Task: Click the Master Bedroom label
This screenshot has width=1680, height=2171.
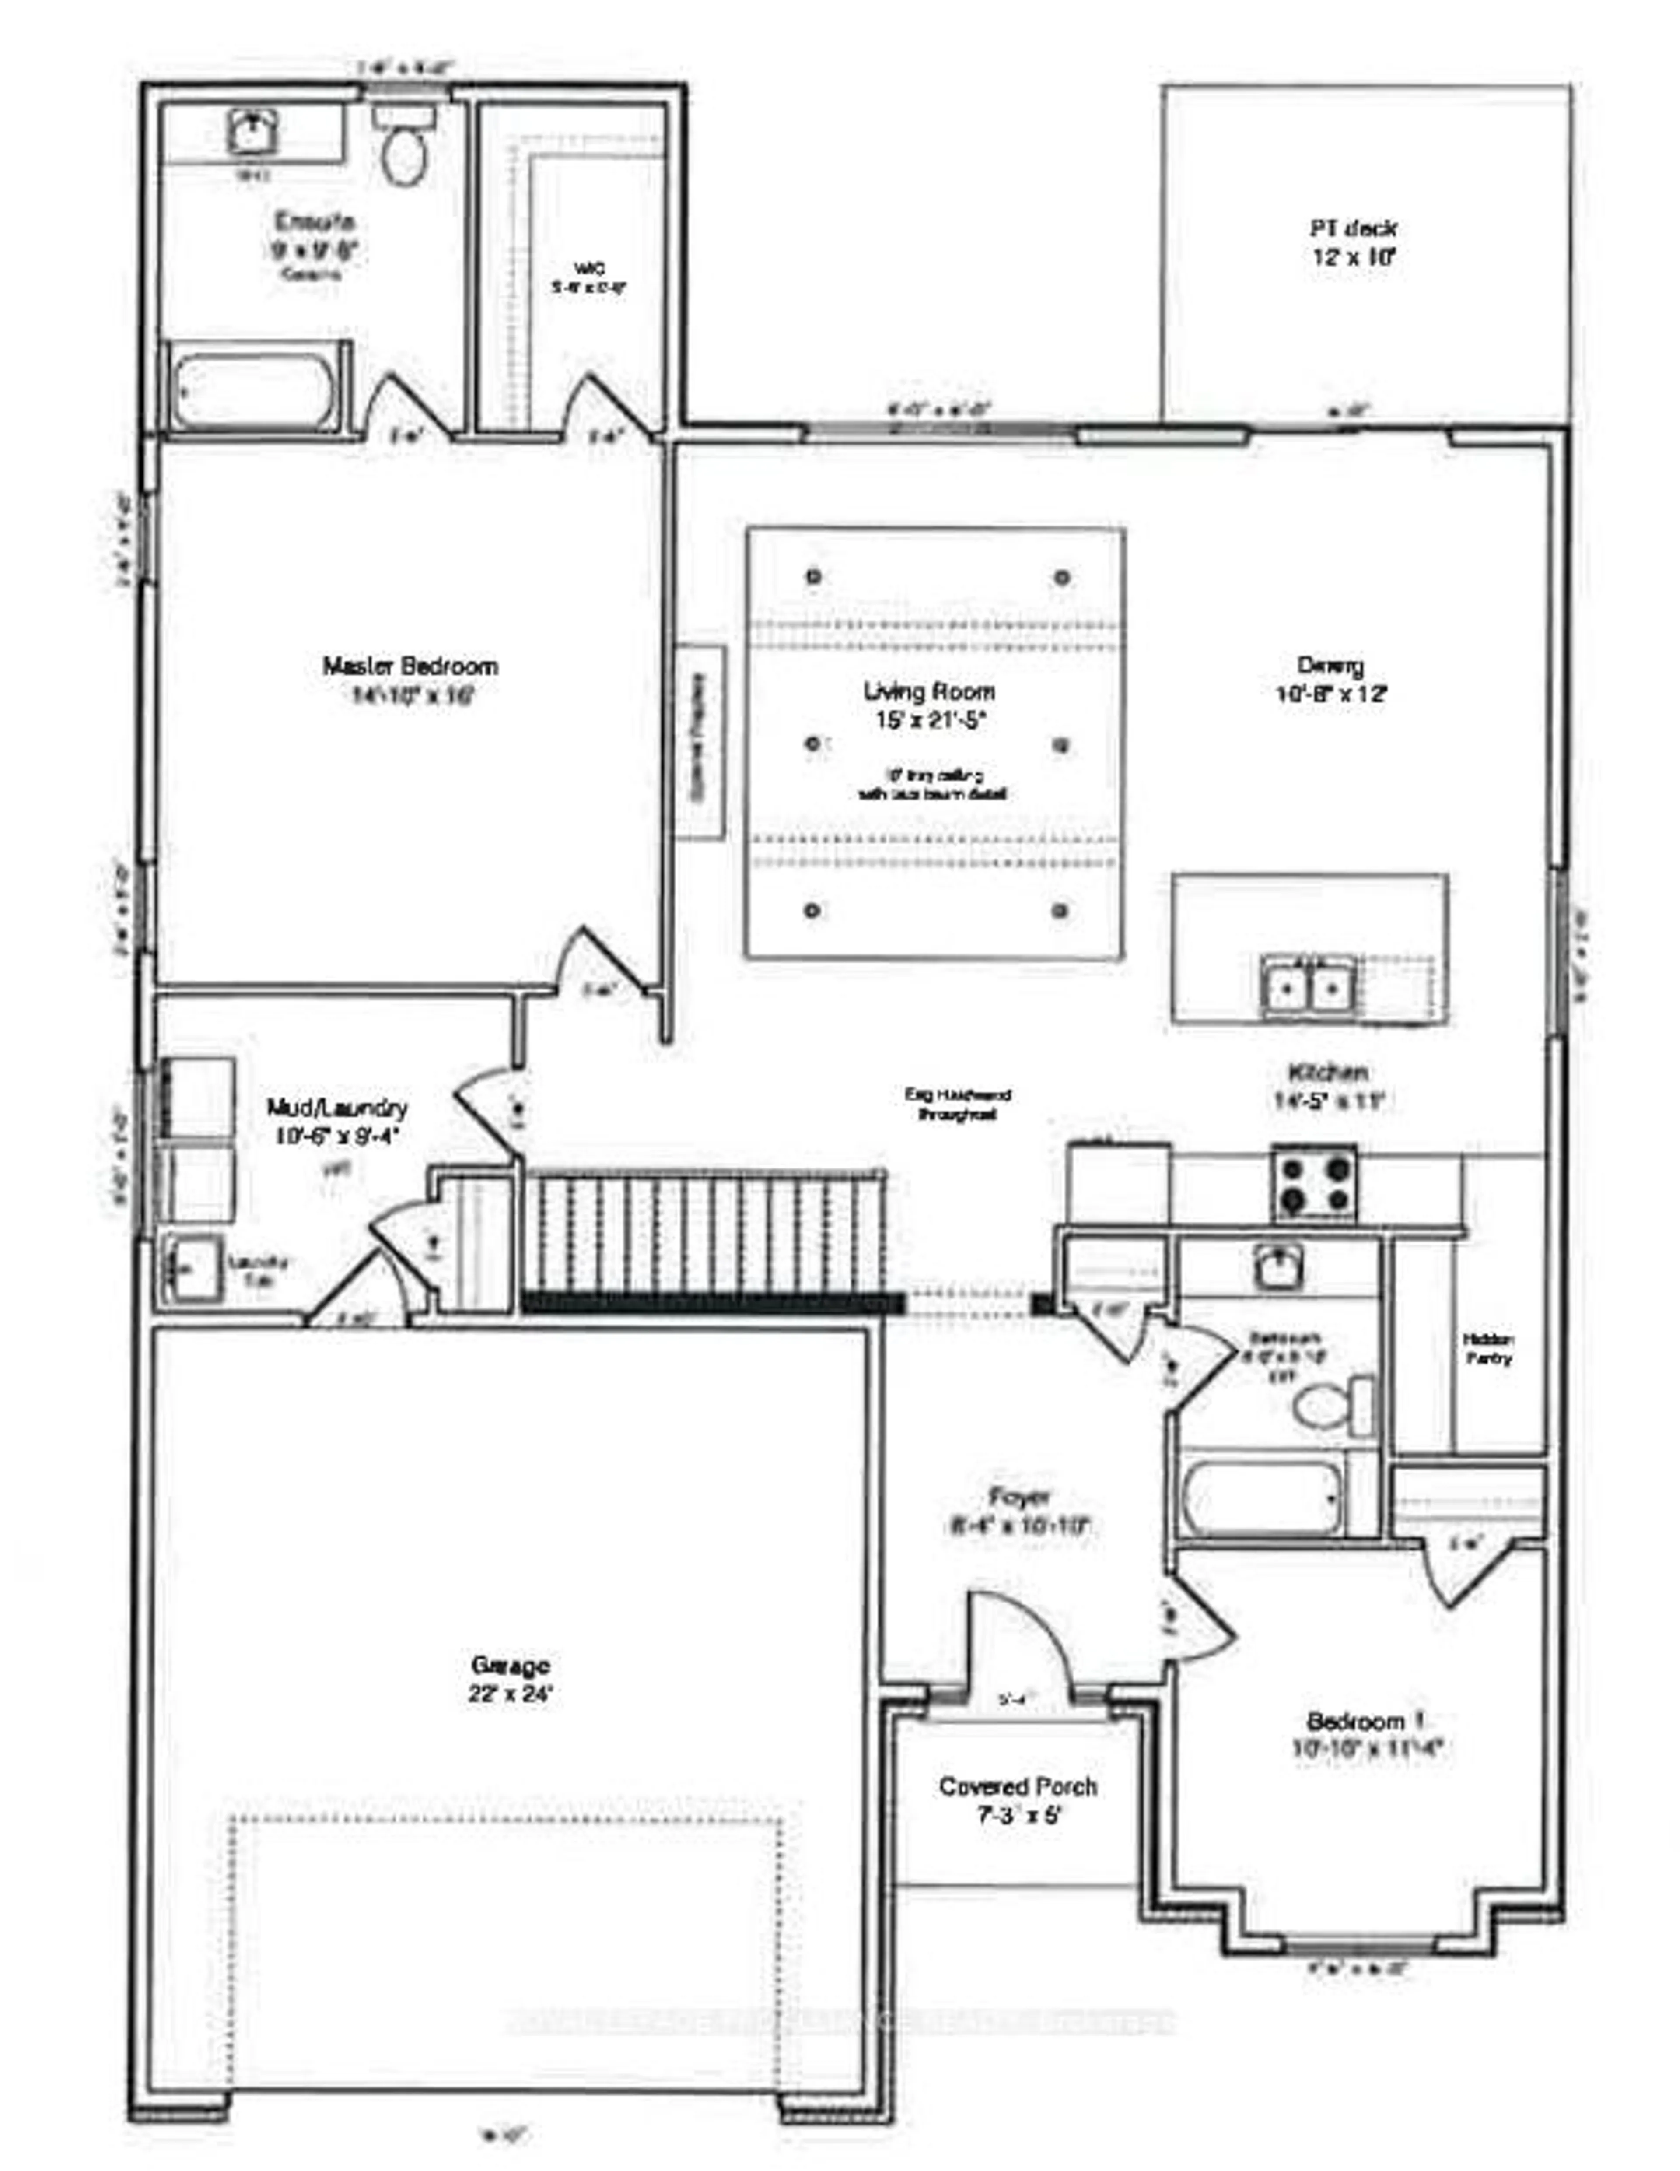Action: pyautogui.click(x=409, y=680)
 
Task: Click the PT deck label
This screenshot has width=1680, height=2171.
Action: pyautogui.click(x=1353, y=242)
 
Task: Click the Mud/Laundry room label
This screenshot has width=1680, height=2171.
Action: pyautogui.click(x=336, y=1120)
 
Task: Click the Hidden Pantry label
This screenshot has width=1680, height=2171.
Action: pyautogui.click(x=1488, y=1350)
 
